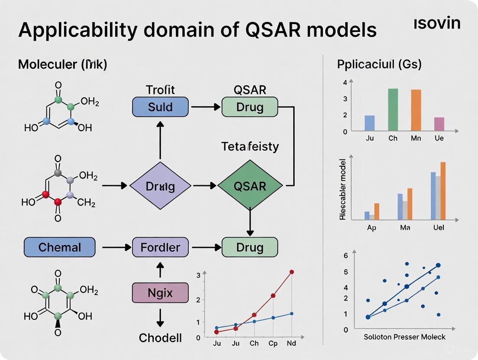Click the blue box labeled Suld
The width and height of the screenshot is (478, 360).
(x=160, y=107)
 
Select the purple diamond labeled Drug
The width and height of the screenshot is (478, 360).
(x=160, y=186)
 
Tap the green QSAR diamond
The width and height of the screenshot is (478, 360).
(x=250, y=186)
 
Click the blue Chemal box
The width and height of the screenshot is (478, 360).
(x=59, y=247)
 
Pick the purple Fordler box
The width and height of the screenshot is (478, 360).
(x=160, y=247)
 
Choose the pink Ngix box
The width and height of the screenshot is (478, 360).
(x=160, y=293)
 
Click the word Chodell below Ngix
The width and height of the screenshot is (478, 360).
(x=160, y=338)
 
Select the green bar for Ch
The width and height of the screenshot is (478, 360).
(x=393, y=109)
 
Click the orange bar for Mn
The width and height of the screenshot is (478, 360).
(x=416, y=110)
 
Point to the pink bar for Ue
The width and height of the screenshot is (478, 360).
(x=439, y=124)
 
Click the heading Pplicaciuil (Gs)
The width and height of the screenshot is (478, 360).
(x=379, y=64)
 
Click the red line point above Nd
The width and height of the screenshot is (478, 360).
(x=292, y=272)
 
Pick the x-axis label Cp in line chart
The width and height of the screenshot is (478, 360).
(x=273, y=344)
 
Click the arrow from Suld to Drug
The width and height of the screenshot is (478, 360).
(x=205, y=107)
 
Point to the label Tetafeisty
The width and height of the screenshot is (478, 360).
(x=250, y=147)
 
